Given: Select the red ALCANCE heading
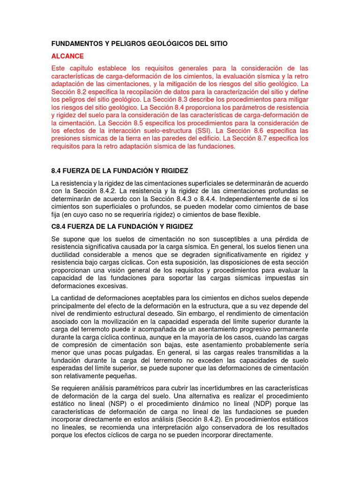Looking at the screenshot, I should pyautogui.click(x=67, y=56).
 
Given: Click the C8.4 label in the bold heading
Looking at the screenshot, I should pyautogui.click(x=60, y=226).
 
